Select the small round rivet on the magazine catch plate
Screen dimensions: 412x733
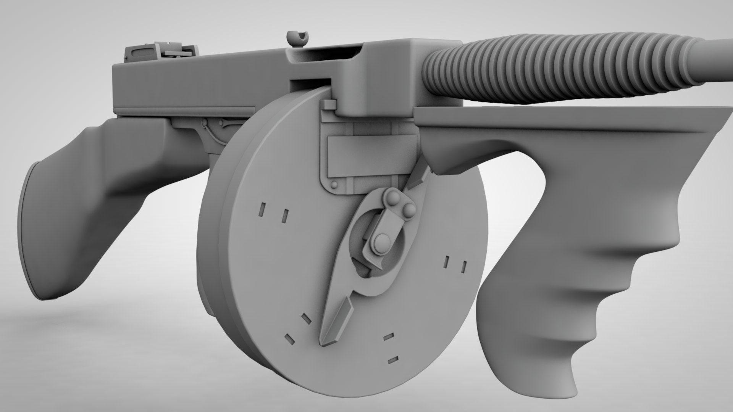[334, 185]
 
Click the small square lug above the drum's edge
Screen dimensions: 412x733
[328, 104]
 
